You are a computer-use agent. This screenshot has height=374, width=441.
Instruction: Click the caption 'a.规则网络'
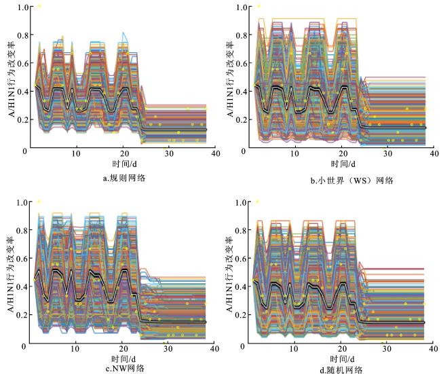123,178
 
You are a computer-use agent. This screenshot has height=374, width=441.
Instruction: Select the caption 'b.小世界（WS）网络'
351,181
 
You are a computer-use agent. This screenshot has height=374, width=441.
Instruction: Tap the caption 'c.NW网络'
125,368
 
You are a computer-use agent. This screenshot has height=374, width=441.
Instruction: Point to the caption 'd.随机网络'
341,370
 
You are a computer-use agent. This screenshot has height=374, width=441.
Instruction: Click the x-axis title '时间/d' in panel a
124,164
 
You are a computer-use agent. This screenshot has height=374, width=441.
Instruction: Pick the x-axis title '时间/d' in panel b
343,164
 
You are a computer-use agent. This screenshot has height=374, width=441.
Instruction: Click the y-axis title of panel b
230,79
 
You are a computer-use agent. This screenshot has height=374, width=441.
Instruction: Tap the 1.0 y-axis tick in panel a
23,7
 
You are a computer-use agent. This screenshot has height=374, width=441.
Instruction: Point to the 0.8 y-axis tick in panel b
242,35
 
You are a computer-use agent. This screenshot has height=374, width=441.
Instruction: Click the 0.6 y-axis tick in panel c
22,259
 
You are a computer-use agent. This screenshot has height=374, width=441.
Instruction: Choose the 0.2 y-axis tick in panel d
241,315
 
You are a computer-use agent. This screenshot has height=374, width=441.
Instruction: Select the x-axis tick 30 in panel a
169,153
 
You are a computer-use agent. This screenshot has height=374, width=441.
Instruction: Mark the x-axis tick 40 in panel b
434,153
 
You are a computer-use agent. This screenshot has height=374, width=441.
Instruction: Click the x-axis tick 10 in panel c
75,349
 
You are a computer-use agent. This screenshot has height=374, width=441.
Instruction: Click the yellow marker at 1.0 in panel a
39,6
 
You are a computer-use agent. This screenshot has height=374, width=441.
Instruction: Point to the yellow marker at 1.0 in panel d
257,202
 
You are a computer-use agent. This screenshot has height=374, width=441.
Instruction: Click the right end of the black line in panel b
425,128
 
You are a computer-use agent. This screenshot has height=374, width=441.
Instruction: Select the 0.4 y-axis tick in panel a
23,92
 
